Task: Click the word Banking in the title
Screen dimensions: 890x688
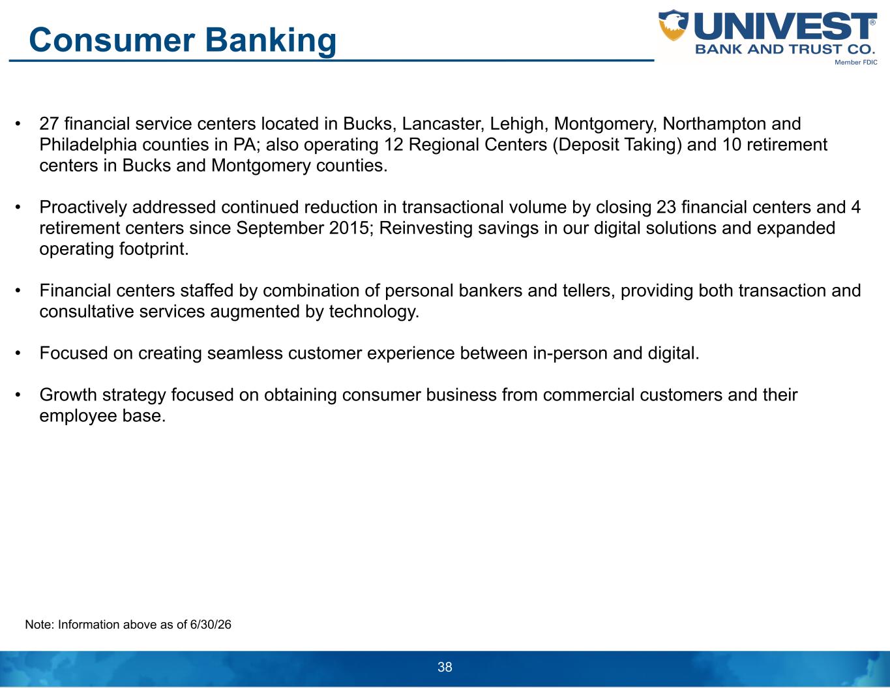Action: tap(271, 41)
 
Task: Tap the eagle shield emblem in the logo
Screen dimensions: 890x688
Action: tap(673, 25)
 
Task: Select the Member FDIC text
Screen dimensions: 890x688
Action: tap(856, 62)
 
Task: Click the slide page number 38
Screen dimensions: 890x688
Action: tap(445, 666)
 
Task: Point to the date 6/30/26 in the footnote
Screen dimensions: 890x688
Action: tap(211, 625)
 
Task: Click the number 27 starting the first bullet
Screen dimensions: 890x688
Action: tap(49, 124)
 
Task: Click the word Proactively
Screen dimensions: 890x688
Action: tap(83, 207)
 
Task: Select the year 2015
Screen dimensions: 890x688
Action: tap(349, 228)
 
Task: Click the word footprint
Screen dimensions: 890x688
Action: tap(154, 249)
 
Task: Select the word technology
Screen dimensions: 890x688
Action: tap(374, 312)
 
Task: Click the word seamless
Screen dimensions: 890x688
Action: tap(245, 353)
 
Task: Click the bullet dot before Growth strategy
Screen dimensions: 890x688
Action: tap(18, 396)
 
